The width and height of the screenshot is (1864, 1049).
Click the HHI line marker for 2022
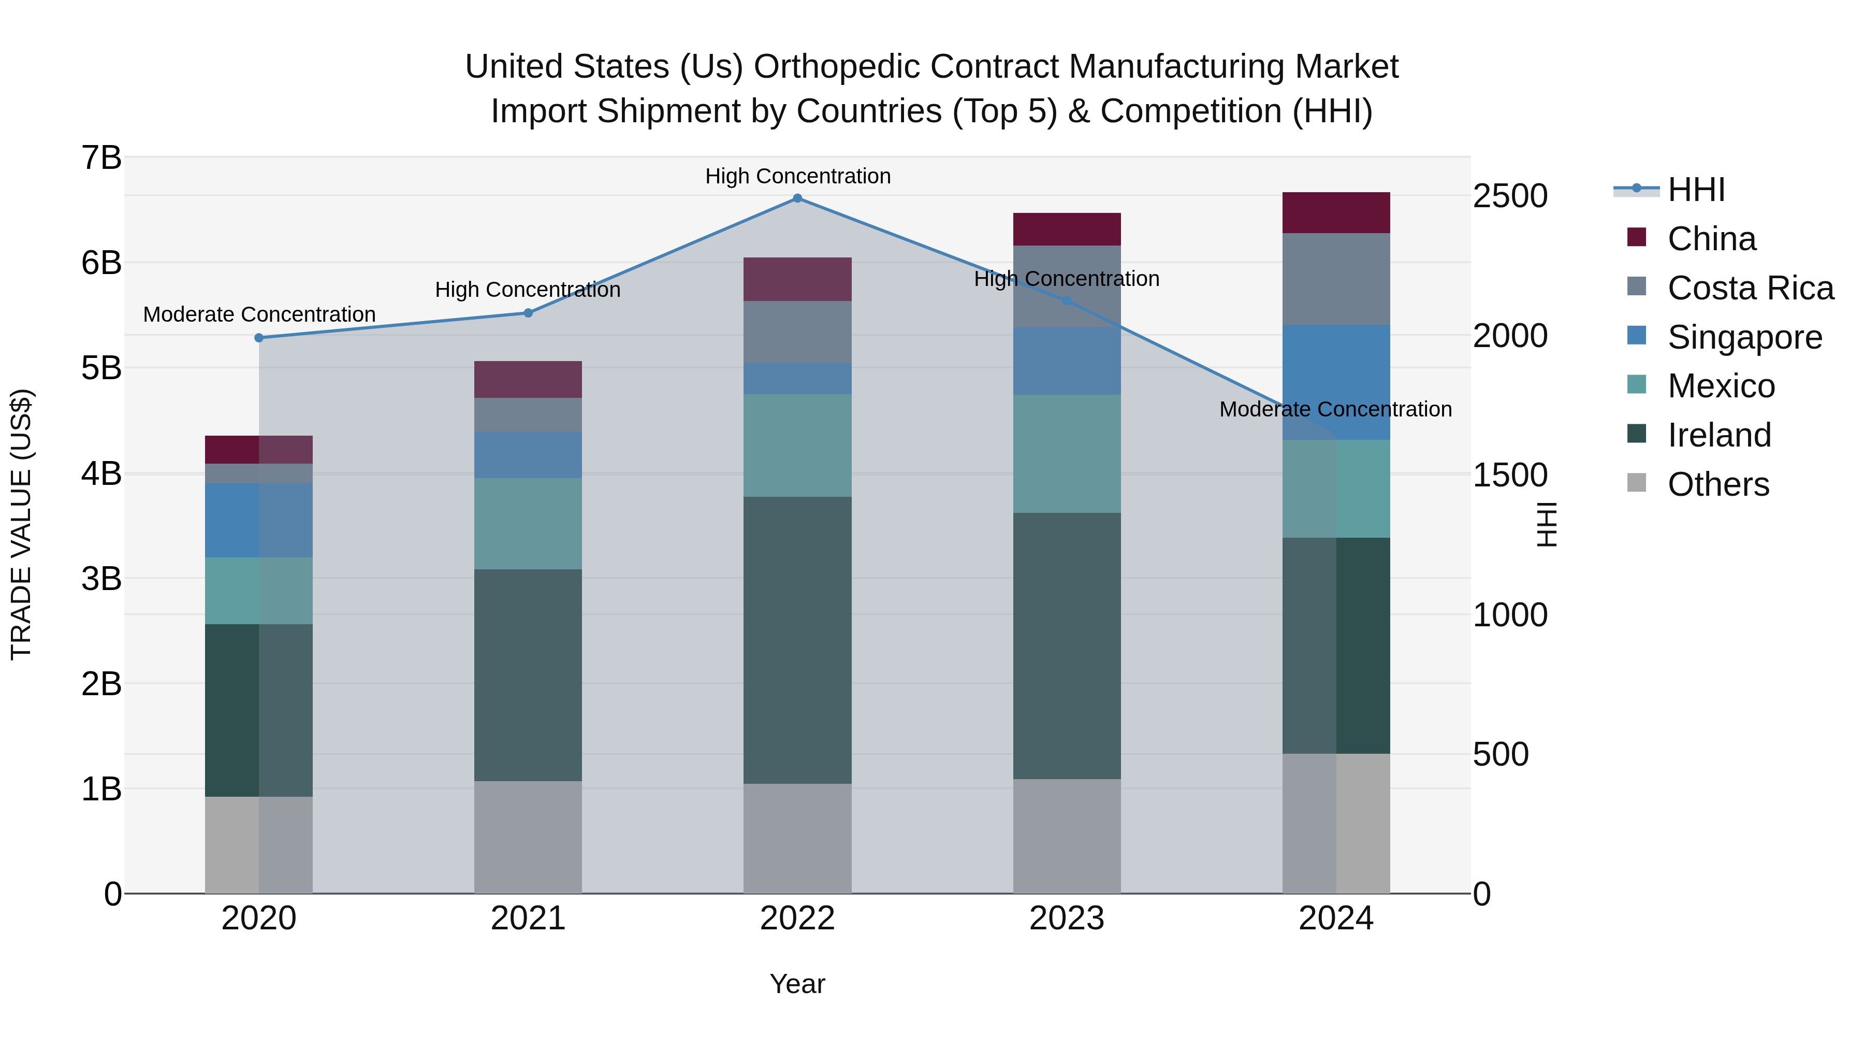point(797,198)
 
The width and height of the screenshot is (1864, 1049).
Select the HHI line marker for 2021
point(528,313)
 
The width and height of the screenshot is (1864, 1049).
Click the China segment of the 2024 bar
point(1336,213)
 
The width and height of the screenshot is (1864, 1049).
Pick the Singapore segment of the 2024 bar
point(1336,381)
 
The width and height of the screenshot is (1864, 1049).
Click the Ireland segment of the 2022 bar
point(797,640)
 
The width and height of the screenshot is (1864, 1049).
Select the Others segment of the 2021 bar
point(528,837)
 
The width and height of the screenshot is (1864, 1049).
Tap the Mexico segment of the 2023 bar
point(1067,454)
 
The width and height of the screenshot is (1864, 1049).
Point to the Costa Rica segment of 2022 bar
point(797,332)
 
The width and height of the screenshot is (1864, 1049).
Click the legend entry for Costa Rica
point(1750,288)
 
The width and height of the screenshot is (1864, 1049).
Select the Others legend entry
point(1718,484)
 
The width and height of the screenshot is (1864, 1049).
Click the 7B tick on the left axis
point(102,158)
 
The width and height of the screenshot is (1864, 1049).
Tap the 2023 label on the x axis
point(1067,918)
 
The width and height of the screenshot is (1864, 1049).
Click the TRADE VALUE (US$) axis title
point(22,524)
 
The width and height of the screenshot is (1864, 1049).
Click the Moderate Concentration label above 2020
point(259,315)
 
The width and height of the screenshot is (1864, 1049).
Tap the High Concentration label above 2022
point(797,176)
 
